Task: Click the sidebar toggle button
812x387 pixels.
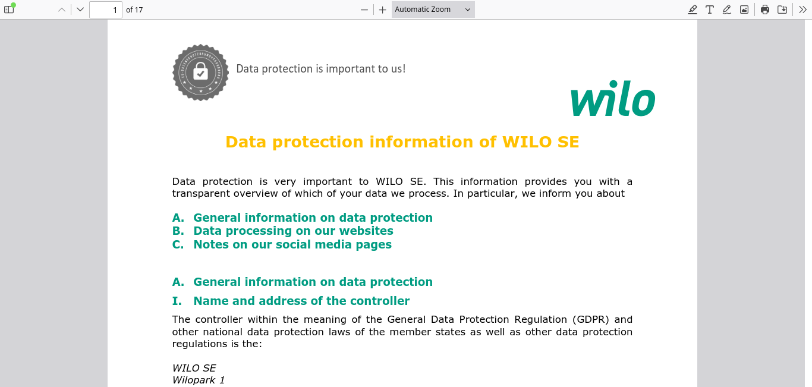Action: (x=9, y=10)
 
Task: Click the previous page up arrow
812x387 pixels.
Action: (x=62, y=10)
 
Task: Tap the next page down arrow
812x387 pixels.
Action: (x=80, y=10)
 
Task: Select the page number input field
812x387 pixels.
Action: (x=105, y=10)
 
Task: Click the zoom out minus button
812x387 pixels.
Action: (x=364, y=10)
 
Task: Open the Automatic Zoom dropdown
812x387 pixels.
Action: (x=433, y=10)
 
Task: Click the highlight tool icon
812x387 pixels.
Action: (x=693, y=10)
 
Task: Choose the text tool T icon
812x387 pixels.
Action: (x=710, y=10)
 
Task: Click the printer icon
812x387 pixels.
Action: (x=765, y=10)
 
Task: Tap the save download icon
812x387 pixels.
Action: (x=782, y=10)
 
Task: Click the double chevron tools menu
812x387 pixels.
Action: (x=802, y=10)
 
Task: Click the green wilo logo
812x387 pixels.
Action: (x=613, y=98)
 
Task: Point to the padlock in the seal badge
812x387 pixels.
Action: (x=200, y=70)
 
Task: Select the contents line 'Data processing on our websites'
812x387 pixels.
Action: (x=293, y=231)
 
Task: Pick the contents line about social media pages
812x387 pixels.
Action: (x=292, y=244)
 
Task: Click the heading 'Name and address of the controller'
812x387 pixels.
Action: (x=301, y=301)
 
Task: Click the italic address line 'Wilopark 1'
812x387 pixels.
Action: (x=199, y=380)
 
